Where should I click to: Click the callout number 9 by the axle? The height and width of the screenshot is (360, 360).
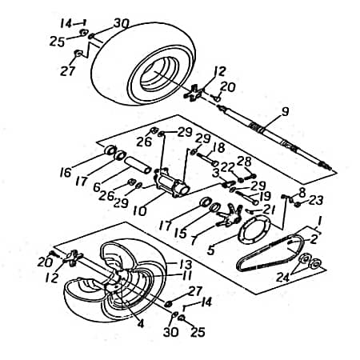(285, 111)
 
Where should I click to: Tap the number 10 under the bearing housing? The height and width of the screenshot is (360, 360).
(140, 211)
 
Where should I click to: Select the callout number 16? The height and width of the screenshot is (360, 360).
(66, 173)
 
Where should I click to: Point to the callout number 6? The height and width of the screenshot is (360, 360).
(97, 187)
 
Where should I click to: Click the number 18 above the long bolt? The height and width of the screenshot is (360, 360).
(218, 148)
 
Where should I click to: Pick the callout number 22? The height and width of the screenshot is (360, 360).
(227, 167)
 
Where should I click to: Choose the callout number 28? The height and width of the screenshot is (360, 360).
(244, 162)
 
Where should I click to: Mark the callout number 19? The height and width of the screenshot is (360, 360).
(265, 197)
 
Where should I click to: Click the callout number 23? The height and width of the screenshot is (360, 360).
(316, 200)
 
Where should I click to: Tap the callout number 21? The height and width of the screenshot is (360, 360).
(269, 210)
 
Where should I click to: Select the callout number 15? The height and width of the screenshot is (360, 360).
(181, 234)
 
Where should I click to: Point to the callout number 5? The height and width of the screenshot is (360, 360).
(210, 250)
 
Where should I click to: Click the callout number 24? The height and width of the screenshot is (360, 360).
(283, 278)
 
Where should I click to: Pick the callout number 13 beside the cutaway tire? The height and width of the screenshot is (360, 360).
(186, 265)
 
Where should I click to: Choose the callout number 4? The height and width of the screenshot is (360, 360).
(141, 323)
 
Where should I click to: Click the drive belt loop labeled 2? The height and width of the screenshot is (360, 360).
(270, 254)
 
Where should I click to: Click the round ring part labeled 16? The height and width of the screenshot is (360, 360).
(110, 150)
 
